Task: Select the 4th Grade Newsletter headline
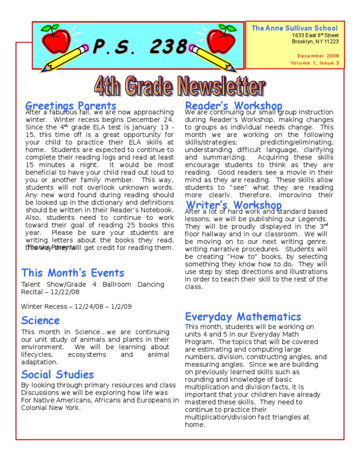(x=180, y=88)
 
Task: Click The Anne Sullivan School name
(x=295, y=28)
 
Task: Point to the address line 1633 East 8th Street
(x=315, y=36)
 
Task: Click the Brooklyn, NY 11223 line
(x=315, y=42)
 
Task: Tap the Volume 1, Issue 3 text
(x=315, y=62)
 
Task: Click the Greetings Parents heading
(x=71, y=106)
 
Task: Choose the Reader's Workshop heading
(x=234, y=106)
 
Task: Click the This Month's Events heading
(x=73, y=273)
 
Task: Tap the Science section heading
(x=41, y=321)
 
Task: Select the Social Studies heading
(x=58, y=374)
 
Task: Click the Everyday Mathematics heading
(x=243, y=317)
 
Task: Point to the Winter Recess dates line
(x=76, y=307)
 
